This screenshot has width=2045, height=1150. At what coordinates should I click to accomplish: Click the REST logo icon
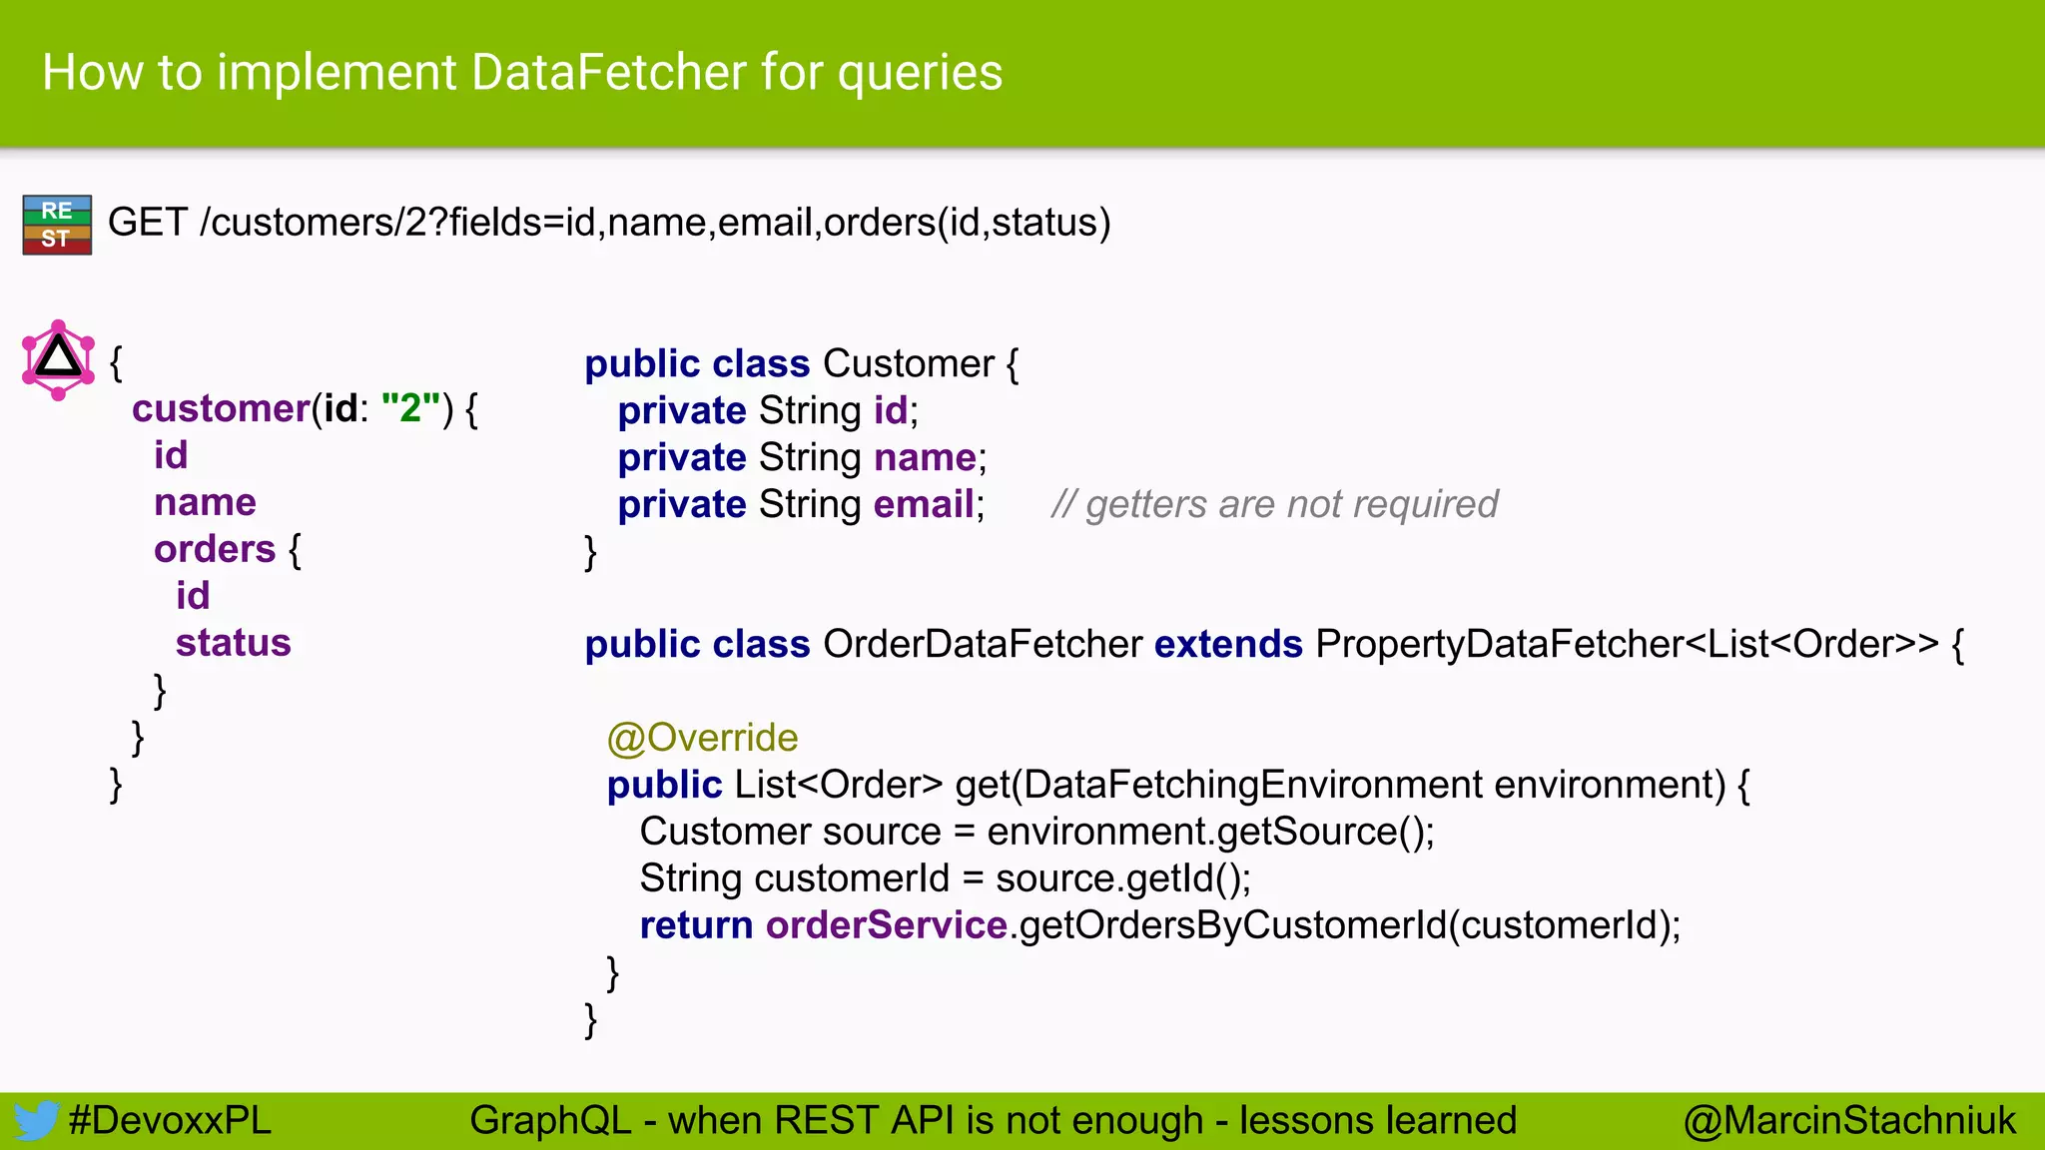tap(57, 225)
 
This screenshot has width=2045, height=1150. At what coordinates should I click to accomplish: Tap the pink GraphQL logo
tap(58, 359)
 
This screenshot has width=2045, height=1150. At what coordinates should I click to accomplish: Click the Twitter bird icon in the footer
tap(36, 1120)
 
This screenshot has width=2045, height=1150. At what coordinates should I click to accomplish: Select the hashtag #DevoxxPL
tap(170, 1120)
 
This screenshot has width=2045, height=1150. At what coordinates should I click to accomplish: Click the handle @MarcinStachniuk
tap(1849, 1120)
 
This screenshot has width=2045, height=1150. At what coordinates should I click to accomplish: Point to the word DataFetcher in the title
tap(609, 73)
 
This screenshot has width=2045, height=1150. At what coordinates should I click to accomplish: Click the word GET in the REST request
tap(147, 223)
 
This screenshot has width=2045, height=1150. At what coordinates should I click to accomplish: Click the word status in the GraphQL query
tap(233, 643)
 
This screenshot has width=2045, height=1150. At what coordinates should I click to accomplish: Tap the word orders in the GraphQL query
tap(215, 549)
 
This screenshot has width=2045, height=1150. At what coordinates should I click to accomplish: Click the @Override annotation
tap(702, 738)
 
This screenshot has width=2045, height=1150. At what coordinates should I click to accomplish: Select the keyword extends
tap(1228, 645)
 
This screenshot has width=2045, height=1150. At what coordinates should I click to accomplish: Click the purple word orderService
tap(886, 925)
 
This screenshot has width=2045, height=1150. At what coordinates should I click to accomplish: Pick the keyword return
tap(696, 925)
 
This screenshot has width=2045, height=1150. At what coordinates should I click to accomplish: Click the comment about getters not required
tap(1274, 504)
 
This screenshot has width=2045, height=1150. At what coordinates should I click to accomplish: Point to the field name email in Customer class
tap(924, 504)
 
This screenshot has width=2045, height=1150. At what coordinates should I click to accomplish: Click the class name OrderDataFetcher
tap(983, 645)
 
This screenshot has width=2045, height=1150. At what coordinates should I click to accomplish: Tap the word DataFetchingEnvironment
tap(1253, 785)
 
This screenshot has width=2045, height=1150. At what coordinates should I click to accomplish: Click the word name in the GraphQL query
tap(205, 502)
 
